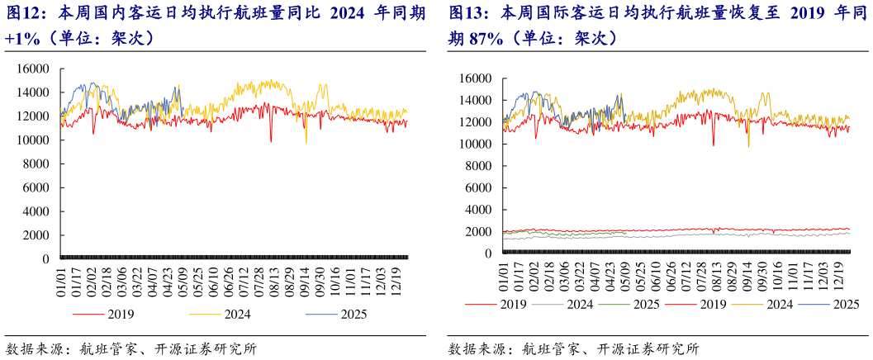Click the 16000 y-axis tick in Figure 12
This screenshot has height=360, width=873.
pos(36,69)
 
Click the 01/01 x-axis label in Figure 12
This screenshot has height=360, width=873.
pos(61,279)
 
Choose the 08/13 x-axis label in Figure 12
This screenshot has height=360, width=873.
pos(273,279)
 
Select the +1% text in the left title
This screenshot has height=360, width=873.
pos(20,38)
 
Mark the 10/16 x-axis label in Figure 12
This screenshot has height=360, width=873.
pos(334,279)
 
